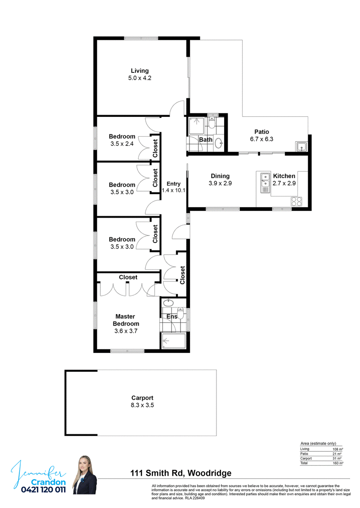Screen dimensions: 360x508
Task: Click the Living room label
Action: (x=140, y=71)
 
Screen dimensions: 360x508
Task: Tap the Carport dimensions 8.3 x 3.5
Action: (x=142, y=405)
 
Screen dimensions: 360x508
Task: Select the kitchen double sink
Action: (x=265, y=183)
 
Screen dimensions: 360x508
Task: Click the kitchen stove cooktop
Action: (x=297, y=201)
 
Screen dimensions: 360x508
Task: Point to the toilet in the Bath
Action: (x=212, y=122)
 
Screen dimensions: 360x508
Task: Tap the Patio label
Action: (x=262, y=132)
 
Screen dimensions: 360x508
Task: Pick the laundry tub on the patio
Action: (x=301, y=147)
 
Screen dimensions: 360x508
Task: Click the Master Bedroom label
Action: (x=126, y=320)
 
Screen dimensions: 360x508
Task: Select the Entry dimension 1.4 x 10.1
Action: (x=174, y=190)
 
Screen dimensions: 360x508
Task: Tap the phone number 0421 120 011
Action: (x=44, y=490)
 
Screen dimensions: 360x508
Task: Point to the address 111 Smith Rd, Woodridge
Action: (x=181, y=473)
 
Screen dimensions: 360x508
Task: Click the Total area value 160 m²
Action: (x=338, y=463)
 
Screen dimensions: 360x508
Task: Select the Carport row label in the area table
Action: (x=306, y=459)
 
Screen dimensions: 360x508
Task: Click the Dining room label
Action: (x=220, y=176)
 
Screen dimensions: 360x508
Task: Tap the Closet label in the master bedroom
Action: (x=128, y=277)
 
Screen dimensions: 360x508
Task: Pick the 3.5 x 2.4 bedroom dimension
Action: (x=122, y=143)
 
